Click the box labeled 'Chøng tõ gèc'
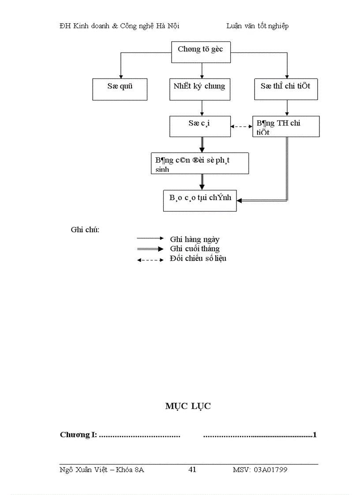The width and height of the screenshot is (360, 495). coord(201,52)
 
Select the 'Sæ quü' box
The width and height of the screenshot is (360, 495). coord(120,89)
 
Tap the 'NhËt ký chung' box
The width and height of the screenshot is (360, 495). coord(202,89)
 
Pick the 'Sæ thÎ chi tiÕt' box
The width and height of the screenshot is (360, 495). coord(285,89)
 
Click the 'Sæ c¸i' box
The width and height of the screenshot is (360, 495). coord(199,126)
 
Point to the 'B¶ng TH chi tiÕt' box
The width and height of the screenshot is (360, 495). coord(286,127)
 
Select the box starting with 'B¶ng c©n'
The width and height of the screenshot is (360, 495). coord(199,164)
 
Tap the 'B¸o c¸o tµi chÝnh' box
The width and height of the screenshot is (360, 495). coord(200,201)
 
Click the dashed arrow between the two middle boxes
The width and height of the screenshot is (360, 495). coord(241,127)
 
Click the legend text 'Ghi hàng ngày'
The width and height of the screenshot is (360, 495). coord(195,239)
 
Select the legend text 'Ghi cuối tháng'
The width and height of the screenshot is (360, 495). coord(195,249)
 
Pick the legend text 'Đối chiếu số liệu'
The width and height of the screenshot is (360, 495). coord(198,259)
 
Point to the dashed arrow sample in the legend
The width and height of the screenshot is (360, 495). coord(150,260)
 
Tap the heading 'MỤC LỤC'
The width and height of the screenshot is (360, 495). coord(188,406)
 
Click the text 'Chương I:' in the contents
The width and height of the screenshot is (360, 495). coord(78,435)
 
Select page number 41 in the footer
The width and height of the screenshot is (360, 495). coord(192,470)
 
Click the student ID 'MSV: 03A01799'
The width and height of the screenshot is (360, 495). coord(260,470)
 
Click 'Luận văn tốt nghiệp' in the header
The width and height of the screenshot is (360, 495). coord(257,26)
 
